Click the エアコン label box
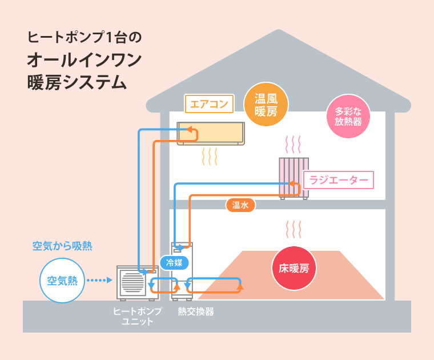[x=209, y=104]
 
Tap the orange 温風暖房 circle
[x=266, y=105]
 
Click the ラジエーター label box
[x=339, y=181]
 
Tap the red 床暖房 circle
[x=294, y=267]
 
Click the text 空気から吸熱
[x=62, y=246]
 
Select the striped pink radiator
[x=294, y=176]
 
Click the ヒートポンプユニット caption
[x=137, y=316]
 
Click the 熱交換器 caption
[x=195, y=311]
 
